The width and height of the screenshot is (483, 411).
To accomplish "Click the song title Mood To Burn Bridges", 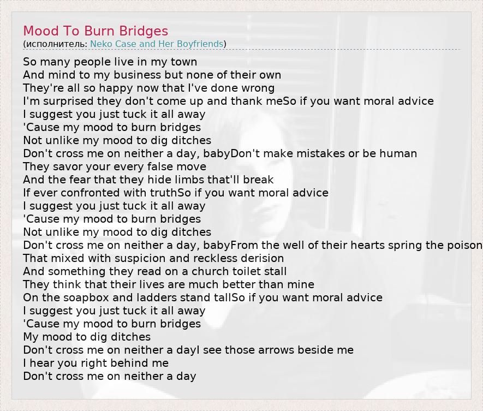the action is tap(96, 31).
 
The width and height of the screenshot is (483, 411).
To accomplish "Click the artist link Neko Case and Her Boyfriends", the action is tap(157, 44).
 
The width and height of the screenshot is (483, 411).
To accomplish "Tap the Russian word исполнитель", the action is tap(56, 44).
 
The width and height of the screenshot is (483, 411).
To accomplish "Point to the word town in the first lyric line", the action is tap(184, 62).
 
